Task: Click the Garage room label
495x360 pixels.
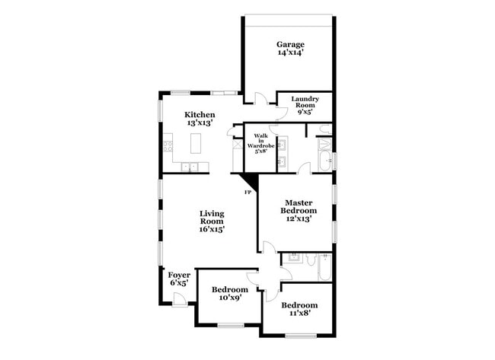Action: coord(290,44)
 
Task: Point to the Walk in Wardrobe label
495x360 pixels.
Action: coord(260,142)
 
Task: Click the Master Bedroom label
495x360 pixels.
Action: coord(299,205)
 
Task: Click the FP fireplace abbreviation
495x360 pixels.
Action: coord(247,192)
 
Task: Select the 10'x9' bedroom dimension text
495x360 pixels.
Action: coord(229,299)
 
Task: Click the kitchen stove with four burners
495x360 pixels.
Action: coord(168,143)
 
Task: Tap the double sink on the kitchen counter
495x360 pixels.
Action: coord(190,167)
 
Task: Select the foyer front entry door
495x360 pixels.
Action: coord(179,298)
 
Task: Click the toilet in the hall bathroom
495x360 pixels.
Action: coord(311,260)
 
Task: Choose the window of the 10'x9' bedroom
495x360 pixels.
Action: coord(229,327)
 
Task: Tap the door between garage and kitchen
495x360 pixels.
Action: coord(260,98)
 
